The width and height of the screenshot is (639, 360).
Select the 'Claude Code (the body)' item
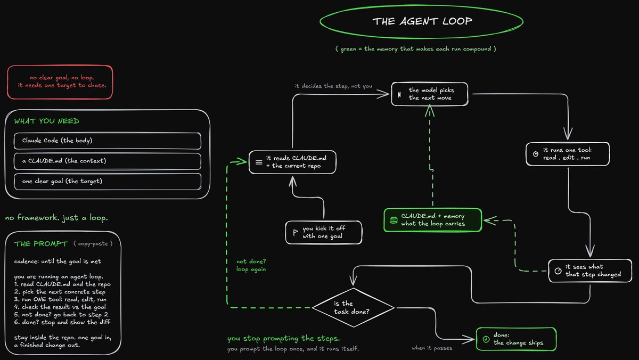coord(107,141)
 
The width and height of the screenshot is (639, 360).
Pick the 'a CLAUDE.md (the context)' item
coord(107,161)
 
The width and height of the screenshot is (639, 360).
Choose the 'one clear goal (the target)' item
coord(107,182)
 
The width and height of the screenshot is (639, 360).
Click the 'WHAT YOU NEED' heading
coord(47,121)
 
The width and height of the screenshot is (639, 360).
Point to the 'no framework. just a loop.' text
coord(56,218)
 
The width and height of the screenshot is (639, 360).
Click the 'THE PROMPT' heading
coord(41,243)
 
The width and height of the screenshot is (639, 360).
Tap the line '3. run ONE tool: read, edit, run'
coord(60,299)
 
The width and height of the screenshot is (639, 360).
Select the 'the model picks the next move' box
coord(430,94)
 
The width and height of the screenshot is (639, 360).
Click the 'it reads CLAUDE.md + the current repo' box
coord(292,162)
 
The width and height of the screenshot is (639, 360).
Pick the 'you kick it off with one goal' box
coord(324,232)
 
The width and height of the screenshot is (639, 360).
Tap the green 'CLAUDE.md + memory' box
coord(433,220)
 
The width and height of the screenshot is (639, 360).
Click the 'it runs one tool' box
coord(568,154)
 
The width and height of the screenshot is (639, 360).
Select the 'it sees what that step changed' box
coord(590,271)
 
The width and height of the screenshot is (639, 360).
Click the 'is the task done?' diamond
coord(353,307)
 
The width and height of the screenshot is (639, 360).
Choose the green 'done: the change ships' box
coord(516,339)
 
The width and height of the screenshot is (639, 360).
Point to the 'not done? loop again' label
coord(251,265)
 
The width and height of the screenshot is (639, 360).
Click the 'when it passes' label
coord(432,348)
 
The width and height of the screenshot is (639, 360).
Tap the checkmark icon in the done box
coord(486,339)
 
